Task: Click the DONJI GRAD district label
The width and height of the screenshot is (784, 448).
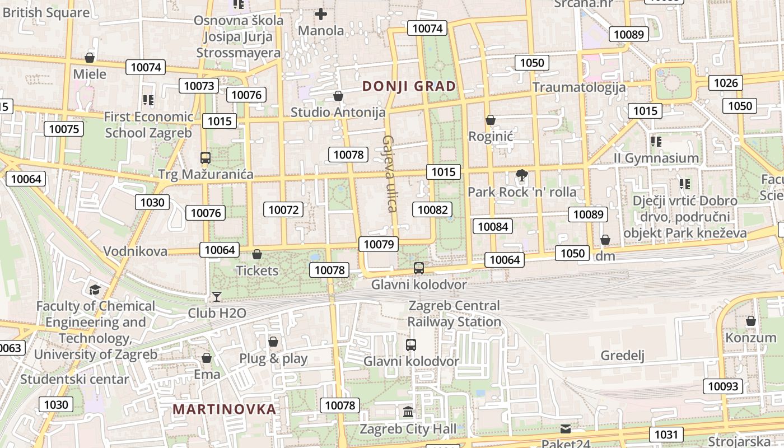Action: coord(409,86)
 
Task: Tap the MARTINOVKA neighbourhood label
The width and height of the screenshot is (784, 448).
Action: coord(224,409)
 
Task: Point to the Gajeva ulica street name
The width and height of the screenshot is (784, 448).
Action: coord(390,174)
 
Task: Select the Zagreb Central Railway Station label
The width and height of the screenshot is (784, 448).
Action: coord(454,314)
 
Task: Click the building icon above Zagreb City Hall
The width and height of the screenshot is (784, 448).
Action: coord(408,412)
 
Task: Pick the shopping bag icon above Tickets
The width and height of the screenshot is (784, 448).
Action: coord(257,254)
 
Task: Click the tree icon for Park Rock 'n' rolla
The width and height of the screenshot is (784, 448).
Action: coord(522,175)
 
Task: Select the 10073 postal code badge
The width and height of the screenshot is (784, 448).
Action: coord(199,86)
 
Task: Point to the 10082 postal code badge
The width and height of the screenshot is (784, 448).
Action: coord(432,209)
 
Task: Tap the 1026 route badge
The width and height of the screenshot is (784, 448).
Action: coord(726,83)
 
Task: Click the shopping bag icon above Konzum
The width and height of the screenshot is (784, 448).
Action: coord(751,321)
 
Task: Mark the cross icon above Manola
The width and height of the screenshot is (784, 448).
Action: coord(321,13)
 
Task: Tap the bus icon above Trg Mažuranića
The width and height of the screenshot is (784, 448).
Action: coord(206,158)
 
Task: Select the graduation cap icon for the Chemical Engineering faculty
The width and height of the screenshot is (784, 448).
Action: coord(95,290)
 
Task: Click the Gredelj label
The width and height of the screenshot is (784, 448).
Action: coord(623,356)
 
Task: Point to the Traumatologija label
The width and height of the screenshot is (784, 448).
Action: coord(578,87)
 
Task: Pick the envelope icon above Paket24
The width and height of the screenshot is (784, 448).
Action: coord(566,429)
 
